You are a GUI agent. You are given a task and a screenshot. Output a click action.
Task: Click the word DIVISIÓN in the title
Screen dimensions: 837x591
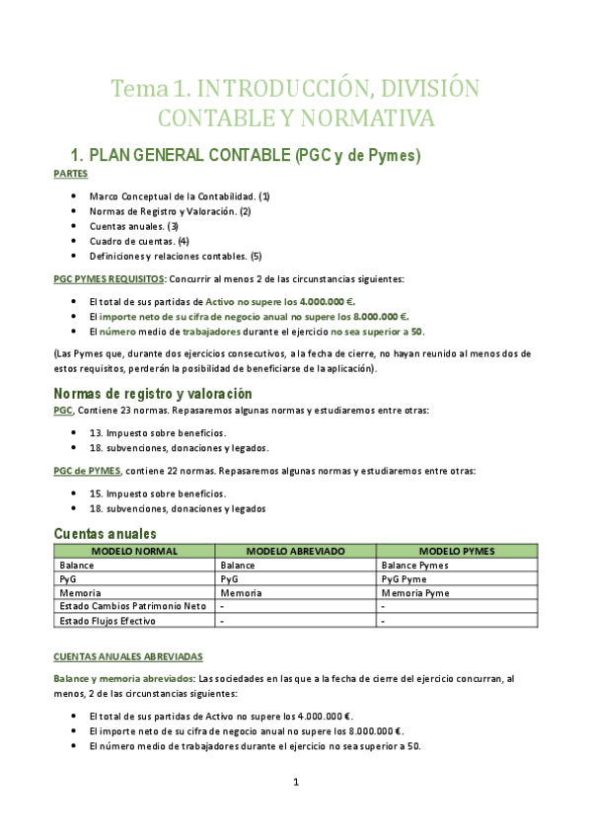coord(427,88)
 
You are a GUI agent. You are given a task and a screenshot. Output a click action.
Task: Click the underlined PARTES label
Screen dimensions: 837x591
coord(70,174)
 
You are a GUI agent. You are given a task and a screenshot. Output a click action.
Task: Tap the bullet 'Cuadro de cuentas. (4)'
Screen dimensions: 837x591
coord(138,241)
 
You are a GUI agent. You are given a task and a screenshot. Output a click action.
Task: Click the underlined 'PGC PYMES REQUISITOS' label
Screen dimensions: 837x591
coord(109,279)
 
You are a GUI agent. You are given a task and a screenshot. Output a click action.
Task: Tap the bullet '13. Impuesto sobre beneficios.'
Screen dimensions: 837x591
coord(157,432)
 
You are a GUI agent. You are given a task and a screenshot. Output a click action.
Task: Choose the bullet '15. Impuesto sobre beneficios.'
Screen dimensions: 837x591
coord(157,494)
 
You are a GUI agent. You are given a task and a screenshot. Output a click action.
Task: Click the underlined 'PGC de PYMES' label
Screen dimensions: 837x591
coord(87,471)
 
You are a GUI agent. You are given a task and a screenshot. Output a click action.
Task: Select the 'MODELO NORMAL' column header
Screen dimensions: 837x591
coord(134,551)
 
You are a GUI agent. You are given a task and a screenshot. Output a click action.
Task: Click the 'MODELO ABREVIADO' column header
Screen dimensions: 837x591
coord(295,551)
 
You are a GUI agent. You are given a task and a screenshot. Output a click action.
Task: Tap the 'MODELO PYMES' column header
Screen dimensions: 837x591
coord(457,551)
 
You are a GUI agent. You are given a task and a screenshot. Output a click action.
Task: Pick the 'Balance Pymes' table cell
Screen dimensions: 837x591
coord(414,566)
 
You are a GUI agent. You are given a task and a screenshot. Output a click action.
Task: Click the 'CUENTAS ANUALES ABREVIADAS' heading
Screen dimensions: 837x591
coord(127,655)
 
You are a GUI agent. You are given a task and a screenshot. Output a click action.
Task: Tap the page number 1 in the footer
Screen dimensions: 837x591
coord(295,783)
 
